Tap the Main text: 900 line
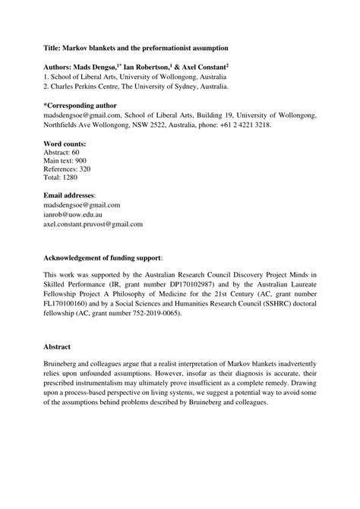click(x=66, y=163)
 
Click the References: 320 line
click(x=71, y=172)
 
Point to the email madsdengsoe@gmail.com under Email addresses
click(x=82, y=205)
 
